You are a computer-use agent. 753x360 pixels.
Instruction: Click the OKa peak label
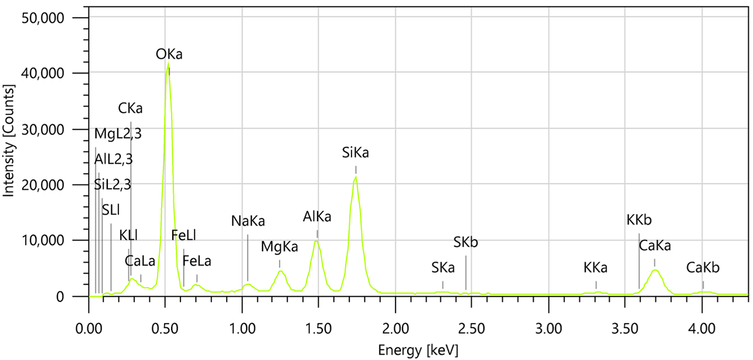(169, 55)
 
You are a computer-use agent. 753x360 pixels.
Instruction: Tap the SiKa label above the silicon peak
(356, 154)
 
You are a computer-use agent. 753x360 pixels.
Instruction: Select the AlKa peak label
(317, 217)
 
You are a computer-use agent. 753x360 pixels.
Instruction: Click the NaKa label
(248, 221)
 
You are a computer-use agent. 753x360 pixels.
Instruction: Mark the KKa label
(595, 268)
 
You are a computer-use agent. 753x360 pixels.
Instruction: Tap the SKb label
(466, 242)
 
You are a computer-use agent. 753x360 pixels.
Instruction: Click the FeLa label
(197, 260)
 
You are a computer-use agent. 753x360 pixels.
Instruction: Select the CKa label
(130, 108)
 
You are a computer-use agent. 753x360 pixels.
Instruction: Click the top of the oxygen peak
(168, 63)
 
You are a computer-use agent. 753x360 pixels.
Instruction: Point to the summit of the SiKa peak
(355, 177)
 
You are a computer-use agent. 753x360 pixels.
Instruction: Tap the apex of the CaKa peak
(655, 270)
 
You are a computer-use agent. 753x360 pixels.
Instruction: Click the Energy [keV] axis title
(418, 350)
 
